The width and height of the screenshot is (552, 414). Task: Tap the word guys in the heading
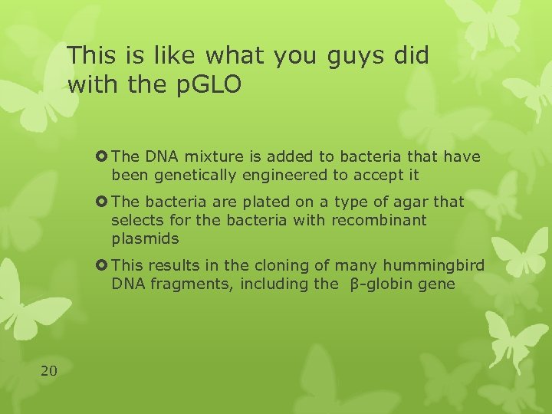point(350,55)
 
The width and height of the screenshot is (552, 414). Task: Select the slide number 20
point(48,371)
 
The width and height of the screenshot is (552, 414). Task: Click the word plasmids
point(145,238)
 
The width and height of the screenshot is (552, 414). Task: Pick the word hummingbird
point(435,266)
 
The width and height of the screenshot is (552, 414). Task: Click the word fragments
point(185,284)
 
